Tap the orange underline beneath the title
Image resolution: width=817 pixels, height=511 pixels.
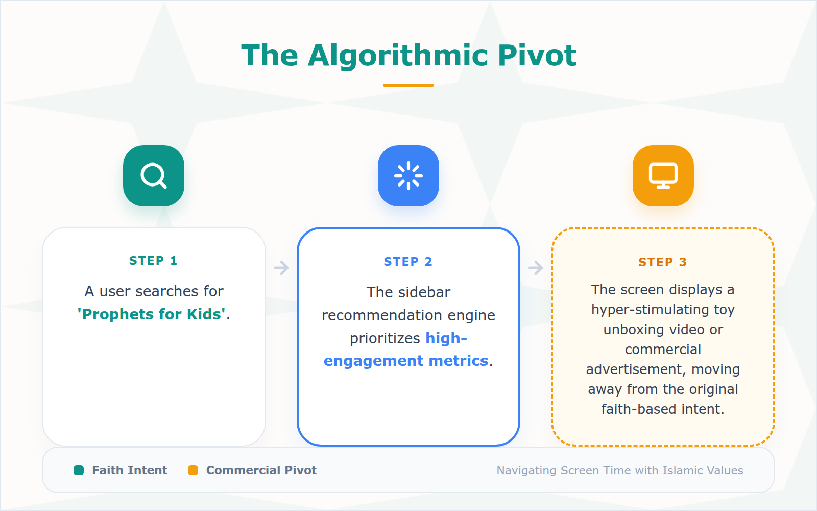[x=408, y=85]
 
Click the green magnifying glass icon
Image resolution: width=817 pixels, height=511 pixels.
[x=153, y=176]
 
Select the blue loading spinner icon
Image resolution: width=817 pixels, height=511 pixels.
[x=408, y=176]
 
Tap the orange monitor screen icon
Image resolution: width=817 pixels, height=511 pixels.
[x=663, y=176]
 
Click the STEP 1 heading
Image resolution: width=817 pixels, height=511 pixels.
[x=153, y=261]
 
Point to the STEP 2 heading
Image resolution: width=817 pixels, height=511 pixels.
[x=408, y=262]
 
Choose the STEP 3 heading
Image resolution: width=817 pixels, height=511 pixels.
[x=662, y=262]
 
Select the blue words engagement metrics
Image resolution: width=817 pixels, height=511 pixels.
[x=406, y=361]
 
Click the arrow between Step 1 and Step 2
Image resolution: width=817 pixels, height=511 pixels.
[x=281, y=268]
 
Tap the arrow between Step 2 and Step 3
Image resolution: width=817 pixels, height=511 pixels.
[x=536, y=268]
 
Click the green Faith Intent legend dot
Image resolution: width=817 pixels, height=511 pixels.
[x=79, y=470]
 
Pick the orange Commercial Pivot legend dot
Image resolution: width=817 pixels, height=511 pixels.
[x=193, y=470]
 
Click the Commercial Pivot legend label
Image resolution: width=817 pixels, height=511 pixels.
[x=261, y=470]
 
